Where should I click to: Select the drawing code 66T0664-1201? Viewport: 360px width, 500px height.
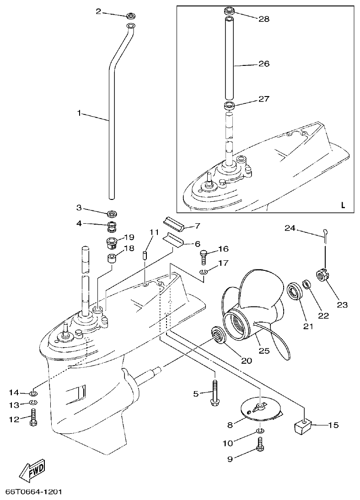(34, 492)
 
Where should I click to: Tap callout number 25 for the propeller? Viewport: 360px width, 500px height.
(264, 351)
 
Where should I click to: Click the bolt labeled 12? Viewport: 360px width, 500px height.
(33, 418)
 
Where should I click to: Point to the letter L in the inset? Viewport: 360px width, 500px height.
(343, 204)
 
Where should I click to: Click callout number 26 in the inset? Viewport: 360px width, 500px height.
(264, 64)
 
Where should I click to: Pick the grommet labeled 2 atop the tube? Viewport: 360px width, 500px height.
(130, 16)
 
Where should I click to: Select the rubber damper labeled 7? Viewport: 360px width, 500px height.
(174, 224)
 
